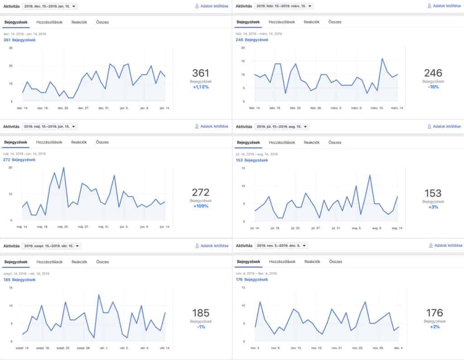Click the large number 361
tap(200, 73)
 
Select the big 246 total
tap(433, 73)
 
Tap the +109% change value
tap(200, 206)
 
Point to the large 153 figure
tap(433, 193)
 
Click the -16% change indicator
tap(433, 87)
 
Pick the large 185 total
tap(200, 312)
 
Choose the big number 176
tap(434, 312)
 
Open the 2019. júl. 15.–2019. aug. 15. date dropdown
tap(282, 126)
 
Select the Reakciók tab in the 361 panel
tap(79, 22)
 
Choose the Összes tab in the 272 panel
tap(102, 142)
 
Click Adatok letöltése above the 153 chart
tap(444, 126)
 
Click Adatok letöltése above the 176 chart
tap(445, 245)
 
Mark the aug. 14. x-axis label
tap(397, 228)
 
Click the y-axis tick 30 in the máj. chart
tap(10, 167)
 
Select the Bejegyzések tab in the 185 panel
tap(16, 262)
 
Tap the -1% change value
tap(200, 326)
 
